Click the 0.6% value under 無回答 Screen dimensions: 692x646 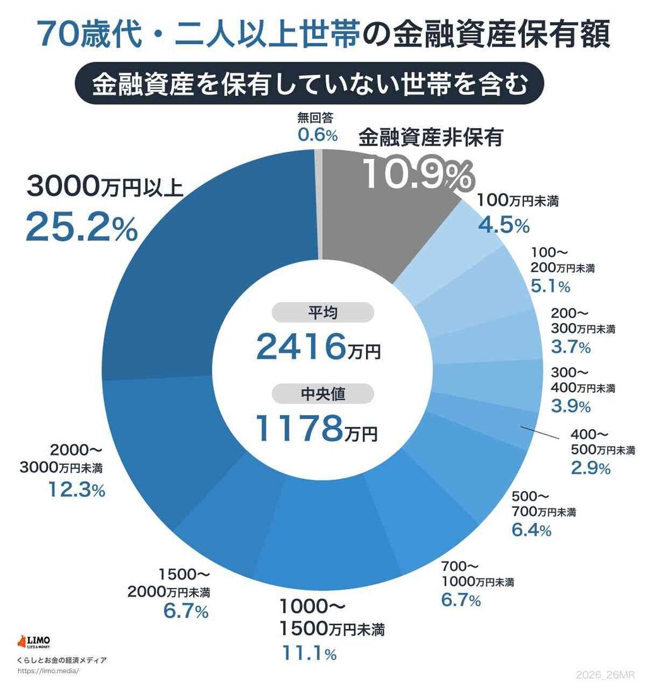pyautogui.click(x=318, y=135)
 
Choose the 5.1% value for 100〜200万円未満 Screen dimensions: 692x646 pyautogui.click(x=550, y=286)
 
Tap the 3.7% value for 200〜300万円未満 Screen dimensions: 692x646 pyautogui.click(x=570, y=347)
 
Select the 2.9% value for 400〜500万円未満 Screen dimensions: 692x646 pyautogui.click(x=590, y=468)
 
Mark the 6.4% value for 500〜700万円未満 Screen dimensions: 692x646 pyautogui.click(x=531, y=529)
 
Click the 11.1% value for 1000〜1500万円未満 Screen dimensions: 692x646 pyautogui.click(x=307, y=654)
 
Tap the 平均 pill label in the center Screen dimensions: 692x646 pyautogui.click(x=322, y=313)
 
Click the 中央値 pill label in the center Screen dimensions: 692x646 pyautogui.click(x=322, y=394)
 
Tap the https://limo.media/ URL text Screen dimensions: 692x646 pyautogui.click(x=49, y=671)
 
